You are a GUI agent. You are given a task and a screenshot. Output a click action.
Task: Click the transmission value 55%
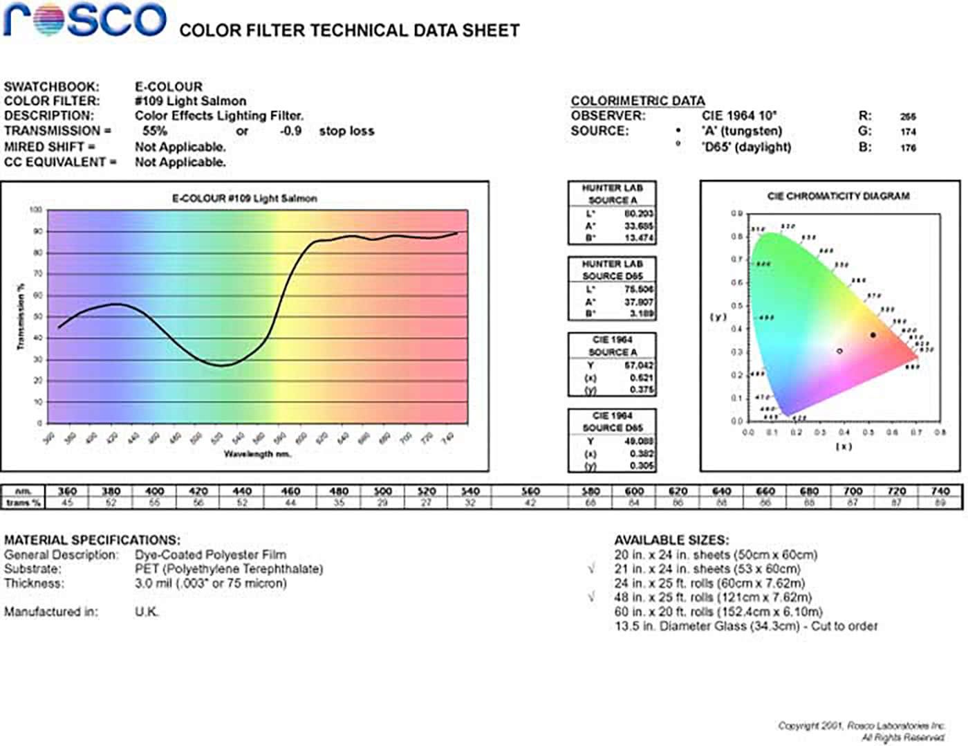coord(154,131)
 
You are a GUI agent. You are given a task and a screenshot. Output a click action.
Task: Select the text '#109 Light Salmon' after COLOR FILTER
coord(190,101)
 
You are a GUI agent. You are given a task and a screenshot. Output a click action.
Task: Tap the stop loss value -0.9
coord(290,131)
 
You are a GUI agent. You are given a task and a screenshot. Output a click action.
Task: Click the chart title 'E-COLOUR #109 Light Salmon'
coord(244,199)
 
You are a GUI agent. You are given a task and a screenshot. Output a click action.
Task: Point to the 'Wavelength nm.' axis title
coord(257,454)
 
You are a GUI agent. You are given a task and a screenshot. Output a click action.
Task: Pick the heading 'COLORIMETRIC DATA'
coord(637,101)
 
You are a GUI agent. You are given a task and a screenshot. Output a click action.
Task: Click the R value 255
coord(908,117)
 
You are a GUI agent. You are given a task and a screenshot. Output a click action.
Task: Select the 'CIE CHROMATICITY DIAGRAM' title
coord(838,197)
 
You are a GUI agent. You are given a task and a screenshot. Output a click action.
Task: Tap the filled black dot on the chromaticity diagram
coord(873,335)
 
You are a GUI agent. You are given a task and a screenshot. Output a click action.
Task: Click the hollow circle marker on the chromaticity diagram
coord(839,351)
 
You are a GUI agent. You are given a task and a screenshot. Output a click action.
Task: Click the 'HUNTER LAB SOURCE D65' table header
coord(612,270)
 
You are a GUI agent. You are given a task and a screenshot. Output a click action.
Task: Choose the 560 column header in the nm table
coord(530,491)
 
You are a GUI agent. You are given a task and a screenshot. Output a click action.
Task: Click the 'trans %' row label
coord(23,503)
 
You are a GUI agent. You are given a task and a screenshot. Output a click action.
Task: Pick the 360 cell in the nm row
coord(67,491)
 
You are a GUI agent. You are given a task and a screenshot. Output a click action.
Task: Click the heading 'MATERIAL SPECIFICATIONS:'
coord(92,540)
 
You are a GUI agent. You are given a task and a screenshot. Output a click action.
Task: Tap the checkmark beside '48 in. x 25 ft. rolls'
coord(591,597)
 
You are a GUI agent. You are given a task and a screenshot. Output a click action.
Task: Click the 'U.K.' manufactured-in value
coord(147,612)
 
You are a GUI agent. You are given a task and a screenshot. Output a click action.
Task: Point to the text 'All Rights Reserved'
coord(902,738)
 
